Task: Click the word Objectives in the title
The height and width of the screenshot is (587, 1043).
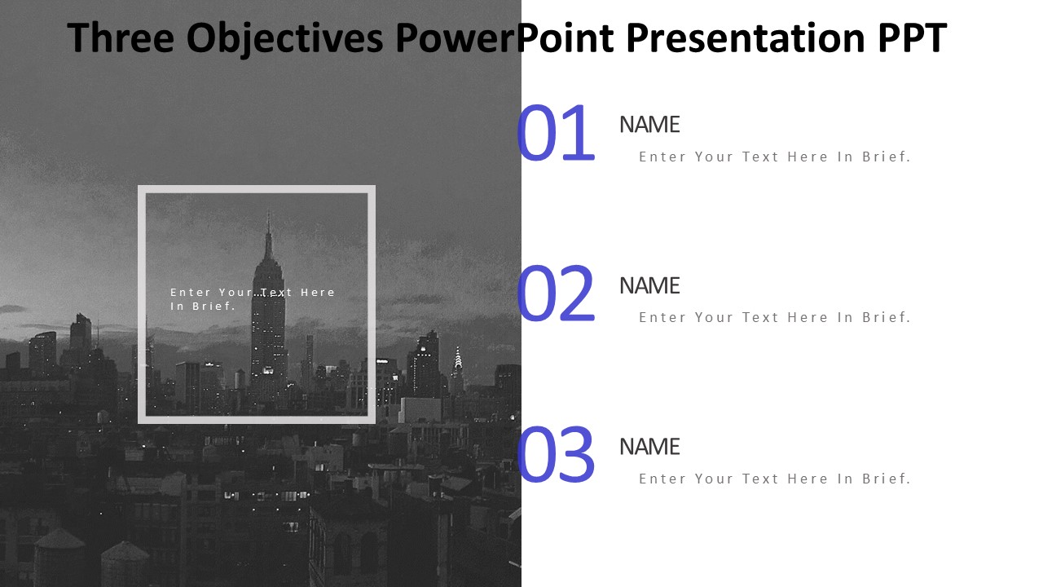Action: click(284, 38)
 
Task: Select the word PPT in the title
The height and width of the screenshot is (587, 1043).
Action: click(913, 38)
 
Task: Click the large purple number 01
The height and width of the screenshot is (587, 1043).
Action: click(556, 133)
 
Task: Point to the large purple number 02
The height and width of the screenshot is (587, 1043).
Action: click(556, 293)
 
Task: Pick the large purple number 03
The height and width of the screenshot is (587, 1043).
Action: click(556, 454)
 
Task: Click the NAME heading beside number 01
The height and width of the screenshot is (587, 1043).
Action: click(649, 125)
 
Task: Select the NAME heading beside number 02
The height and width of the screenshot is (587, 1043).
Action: click(649, 285)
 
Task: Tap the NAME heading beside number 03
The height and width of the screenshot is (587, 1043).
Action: click(649, 447)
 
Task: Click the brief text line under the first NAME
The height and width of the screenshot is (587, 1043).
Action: click(775, 157)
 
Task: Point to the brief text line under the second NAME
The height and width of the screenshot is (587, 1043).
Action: click(775, 317)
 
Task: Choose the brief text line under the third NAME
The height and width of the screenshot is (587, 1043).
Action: click(775, 479)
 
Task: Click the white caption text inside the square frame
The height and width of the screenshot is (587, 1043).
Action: click(253, 299)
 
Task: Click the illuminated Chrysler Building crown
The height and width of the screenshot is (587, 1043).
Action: click(458, 358)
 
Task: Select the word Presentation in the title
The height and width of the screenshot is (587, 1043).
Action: click(746, 38)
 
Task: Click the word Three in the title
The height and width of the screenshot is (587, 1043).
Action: click(121, 38)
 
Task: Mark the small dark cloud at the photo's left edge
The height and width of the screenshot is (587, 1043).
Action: click(12, 308)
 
